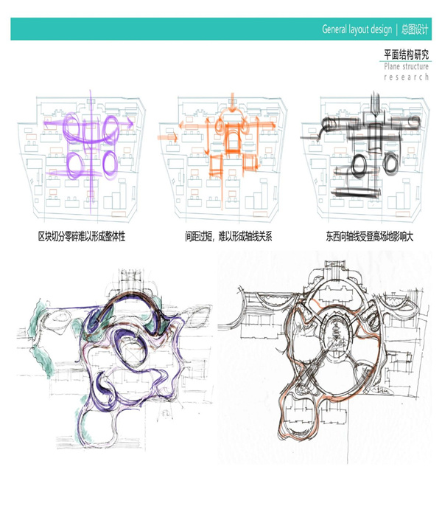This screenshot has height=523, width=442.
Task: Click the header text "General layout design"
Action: click(357, 30)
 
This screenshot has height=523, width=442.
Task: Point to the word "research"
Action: click(406, 77)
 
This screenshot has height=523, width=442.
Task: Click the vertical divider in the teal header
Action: click(397, 30)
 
